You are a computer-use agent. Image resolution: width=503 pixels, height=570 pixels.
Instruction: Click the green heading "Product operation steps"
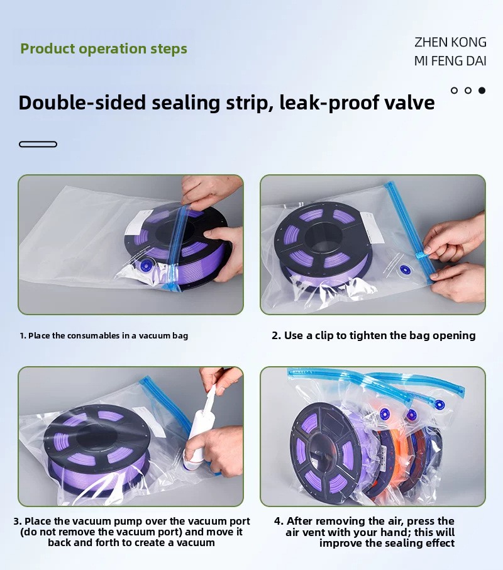104,48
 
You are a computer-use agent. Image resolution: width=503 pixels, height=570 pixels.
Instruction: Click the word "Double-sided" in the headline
82,103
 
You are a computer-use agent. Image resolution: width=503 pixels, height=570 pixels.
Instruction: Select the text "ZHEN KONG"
450,42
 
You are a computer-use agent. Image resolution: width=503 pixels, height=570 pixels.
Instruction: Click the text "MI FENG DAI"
450,60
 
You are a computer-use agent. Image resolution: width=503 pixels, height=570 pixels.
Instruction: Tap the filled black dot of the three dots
482,91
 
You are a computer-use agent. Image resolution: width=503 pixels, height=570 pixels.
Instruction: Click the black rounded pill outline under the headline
38,144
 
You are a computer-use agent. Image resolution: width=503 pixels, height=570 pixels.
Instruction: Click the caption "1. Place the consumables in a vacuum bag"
104,335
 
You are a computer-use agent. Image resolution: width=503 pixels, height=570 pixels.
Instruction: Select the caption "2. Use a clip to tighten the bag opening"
373,335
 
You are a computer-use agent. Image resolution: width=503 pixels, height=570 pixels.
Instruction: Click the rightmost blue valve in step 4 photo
439,405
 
